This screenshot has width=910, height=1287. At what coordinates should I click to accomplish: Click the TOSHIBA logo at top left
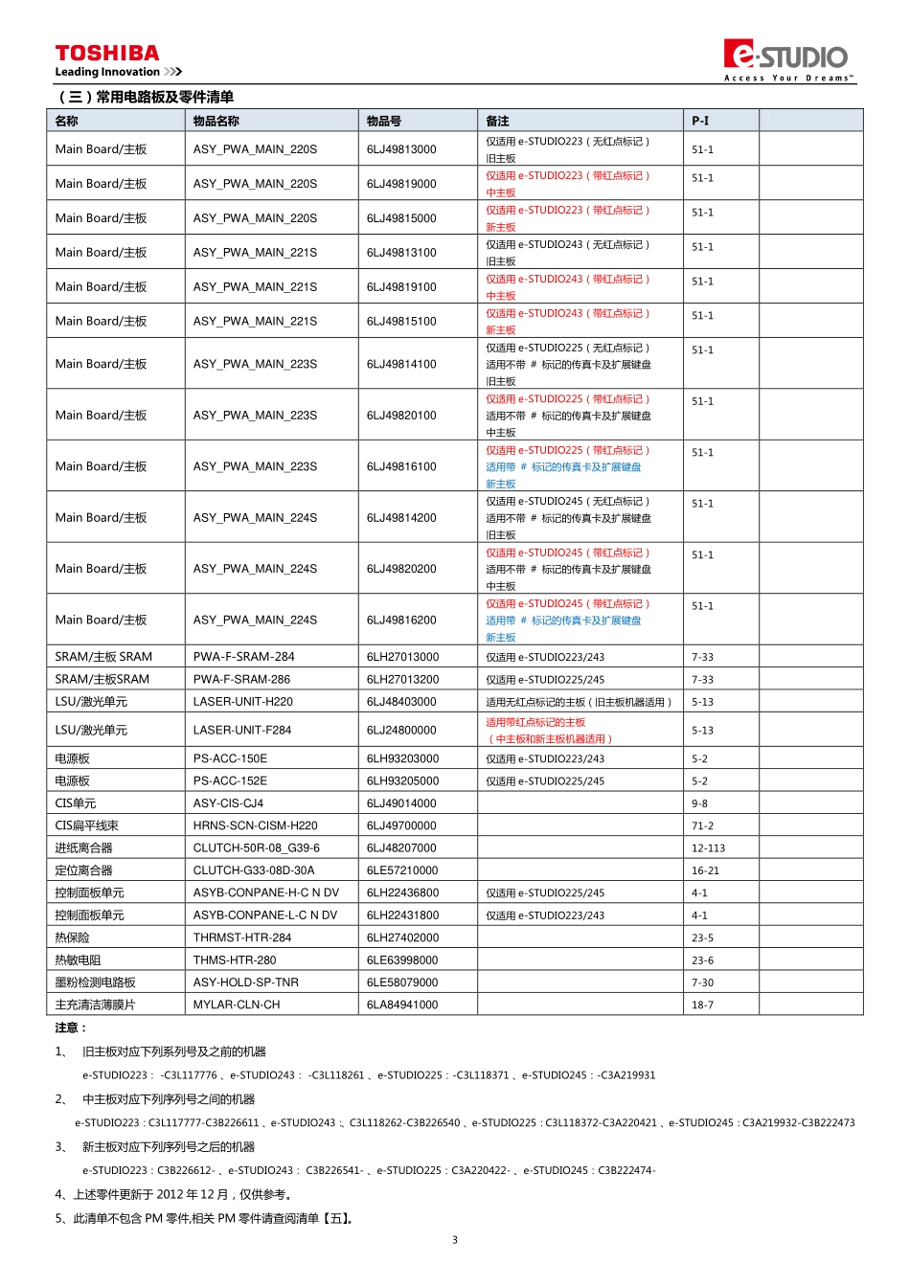[107, 55]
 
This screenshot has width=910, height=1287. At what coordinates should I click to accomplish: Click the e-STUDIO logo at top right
[787, 57]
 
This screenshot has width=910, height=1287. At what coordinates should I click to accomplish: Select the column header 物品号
[384, 121]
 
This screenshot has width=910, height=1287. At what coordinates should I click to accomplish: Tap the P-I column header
[700, 121]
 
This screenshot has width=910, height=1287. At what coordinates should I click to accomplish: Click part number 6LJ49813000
[401, 149]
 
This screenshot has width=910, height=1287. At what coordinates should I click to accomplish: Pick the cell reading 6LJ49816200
[401, 621]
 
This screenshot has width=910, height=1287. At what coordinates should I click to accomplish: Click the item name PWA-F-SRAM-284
[243, 657]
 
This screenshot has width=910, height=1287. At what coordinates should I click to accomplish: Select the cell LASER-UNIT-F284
[242, 731]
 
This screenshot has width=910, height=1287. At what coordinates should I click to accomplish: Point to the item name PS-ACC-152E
[230, 781]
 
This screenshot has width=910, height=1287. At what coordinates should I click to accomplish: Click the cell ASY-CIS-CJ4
[228, 803]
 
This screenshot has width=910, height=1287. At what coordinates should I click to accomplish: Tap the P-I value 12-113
[708, 848]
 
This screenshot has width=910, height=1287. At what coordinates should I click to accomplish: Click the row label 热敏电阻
[78, 960]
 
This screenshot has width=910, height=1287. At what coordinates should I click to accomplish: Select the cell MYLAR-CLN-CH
[237, 1005]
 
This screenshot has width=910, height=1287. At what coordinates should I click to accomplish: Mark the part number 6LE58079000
[402, 982]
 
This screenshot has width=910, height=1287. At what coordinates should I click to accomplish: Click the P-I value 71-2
[702, 825]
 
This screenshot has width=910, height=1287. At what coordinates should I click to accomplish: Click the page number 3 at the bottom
[455, 1240]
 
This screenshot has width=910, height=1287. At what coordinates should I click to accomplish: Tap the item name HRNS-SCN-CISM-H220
[255, 825]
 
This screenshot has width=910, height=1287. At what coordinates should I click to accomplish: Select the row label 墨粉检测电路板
[95, 982]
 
